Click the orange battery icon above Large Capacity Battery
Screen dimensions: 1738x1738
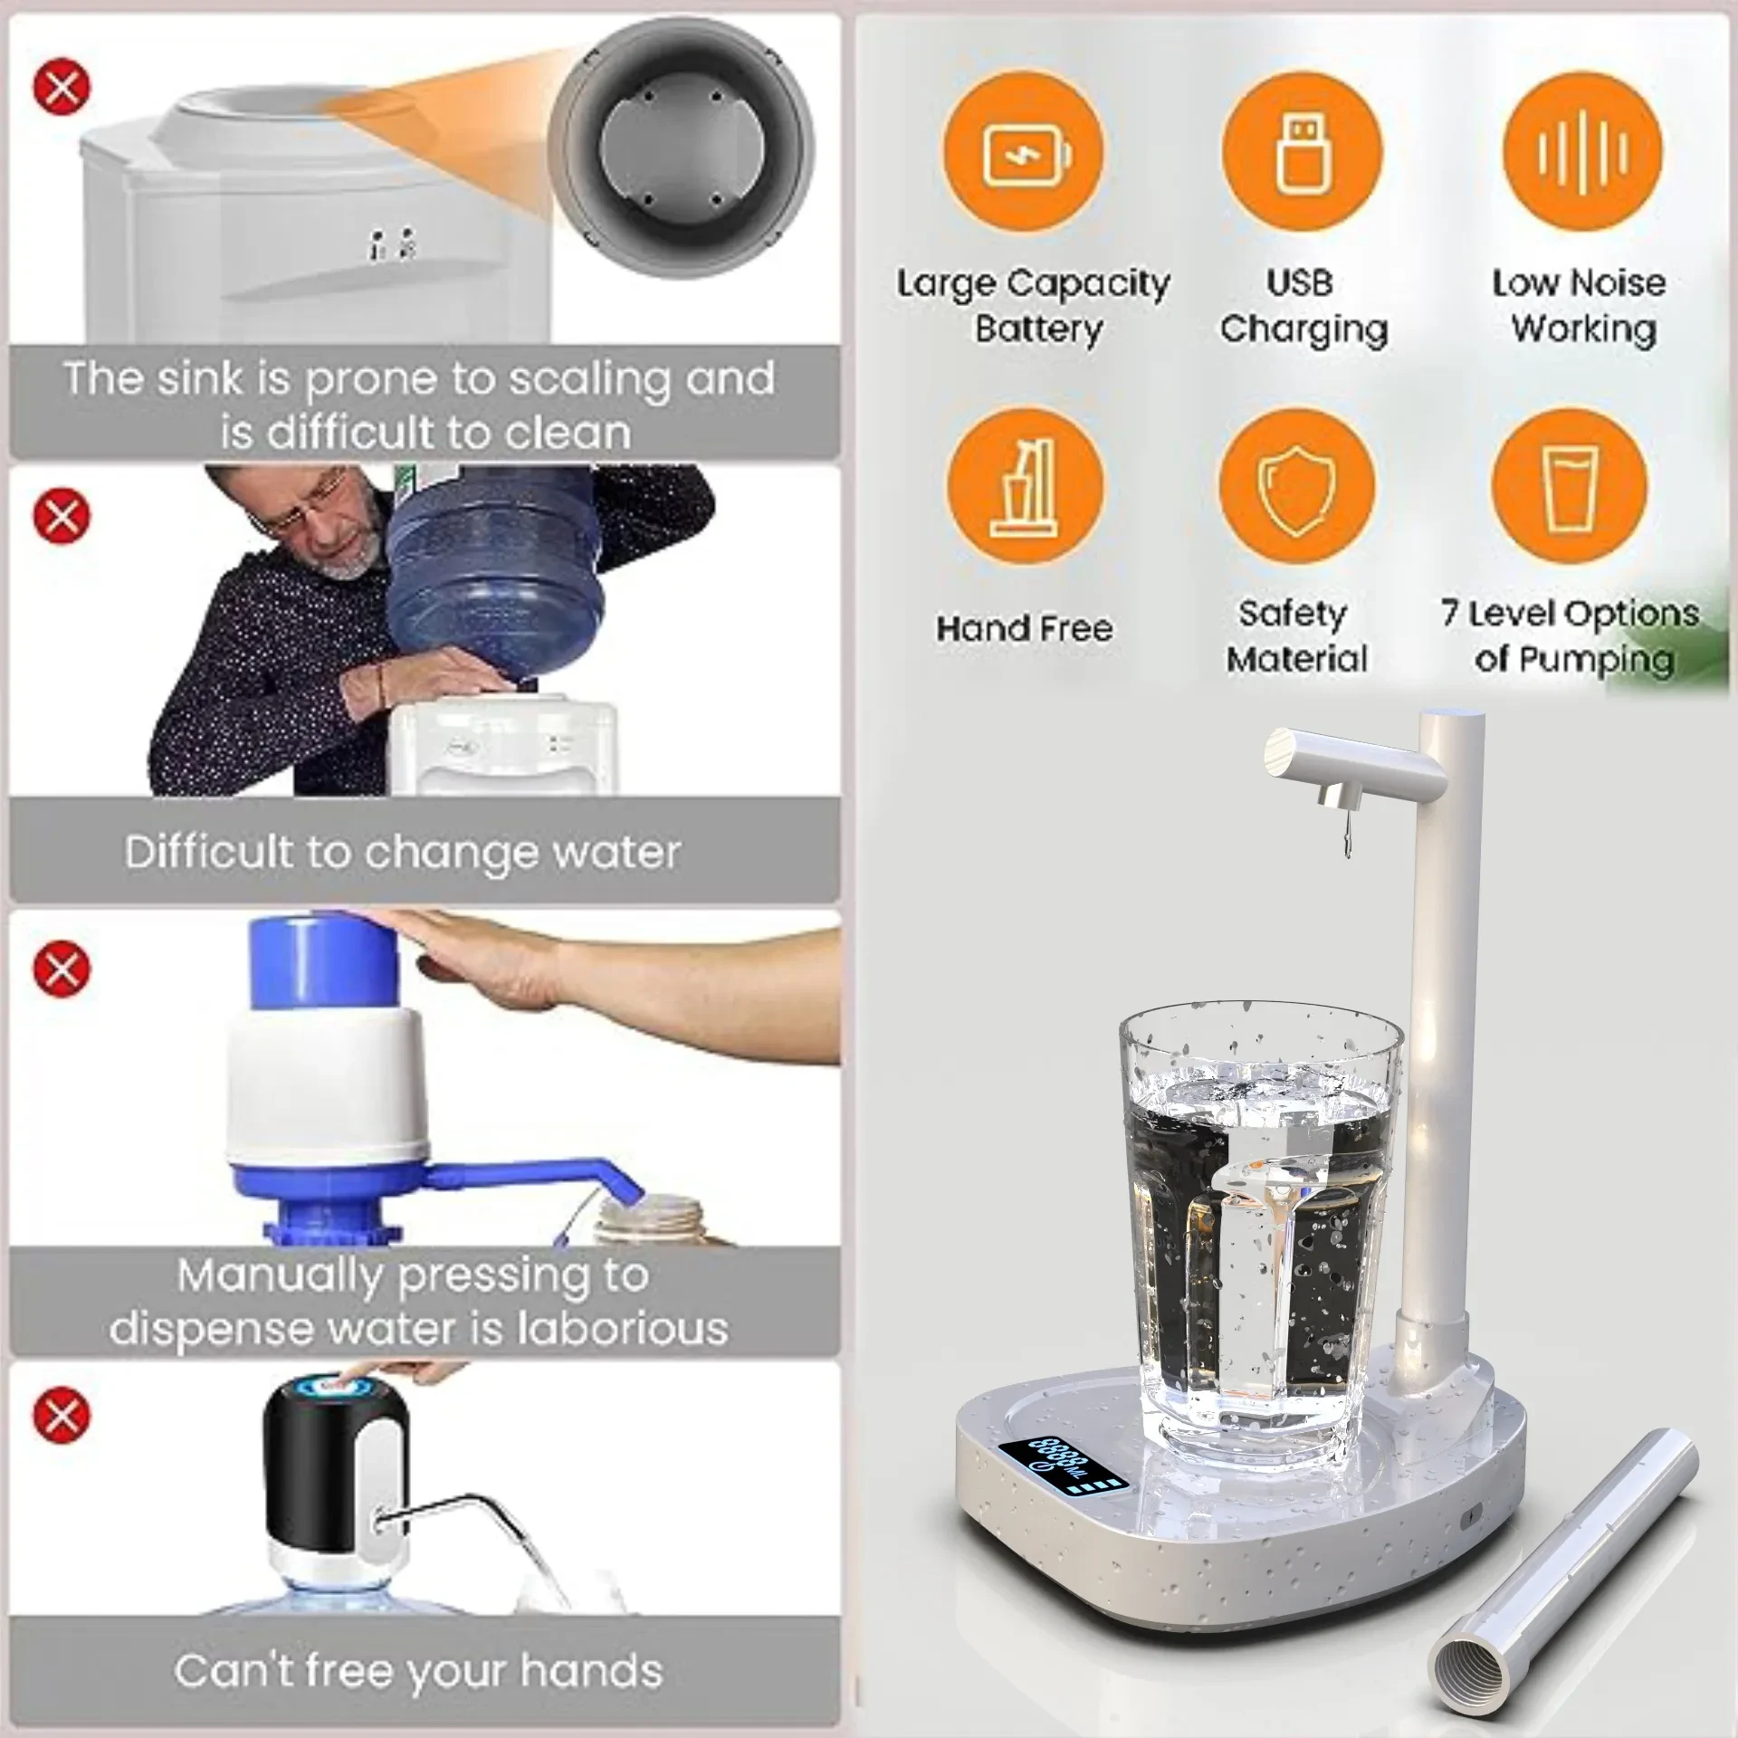(x=1024, y=151)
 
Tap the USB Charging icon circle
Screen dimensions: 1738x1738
(x=1302, y=151)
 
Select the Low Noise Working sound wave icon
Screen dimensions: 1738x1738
(x=1582, y=151)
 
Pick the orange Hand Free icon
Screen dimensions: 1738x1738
(x=1026, y=487)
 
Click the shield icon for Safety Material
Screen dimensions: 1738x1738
(x=1296, y=487)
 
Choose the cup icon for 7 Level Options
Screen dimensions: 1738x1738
(x=1569, y=487)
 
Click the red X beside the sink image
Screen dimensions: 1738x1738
(x=62, y=88)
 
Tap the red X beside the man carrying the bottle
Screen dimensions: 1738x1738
(x=62, y=516)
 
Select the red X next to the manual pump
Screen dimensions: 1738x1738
(x=62, y=969)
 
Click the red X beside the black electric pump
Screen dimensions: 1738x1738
(x=62, y=1415)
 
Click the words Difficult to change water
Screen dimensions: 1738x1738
(x=403, y=852)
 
